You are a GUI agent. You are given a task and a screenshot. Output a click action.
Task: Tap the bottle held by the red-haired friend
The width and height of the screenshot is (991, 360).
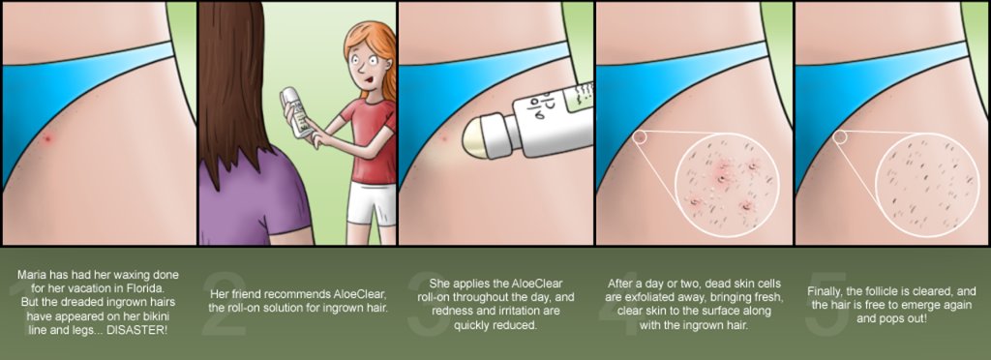[x=296, y=111]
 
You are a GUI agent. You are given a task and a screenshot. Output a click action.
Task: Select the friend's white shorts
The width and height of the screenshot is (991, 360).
[x=371, y=202]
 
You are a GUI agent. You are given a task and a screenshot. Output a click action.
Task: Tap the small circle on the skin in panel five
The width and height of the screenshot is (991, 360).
[x=840, y=136]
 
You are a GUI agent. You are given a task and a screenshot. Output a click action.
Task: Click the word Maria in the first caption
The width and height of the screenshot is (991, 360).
[x=31, y=276]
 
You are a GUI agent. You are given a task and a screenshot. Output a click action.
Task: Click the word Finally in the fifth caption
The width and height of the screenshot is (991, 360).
[x=826, y=291]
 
